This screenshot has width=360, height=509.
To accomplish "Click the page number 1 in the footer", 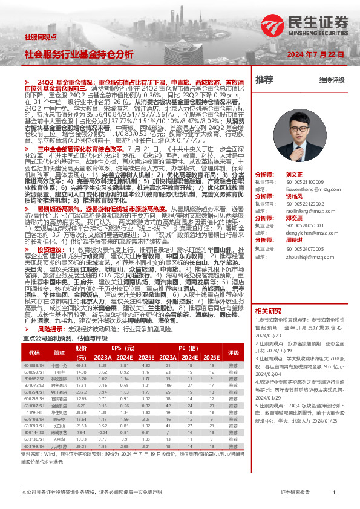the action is click(333, 493).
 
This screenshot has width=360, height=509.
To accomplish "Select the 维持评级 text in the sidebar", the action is click(332, 80).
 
